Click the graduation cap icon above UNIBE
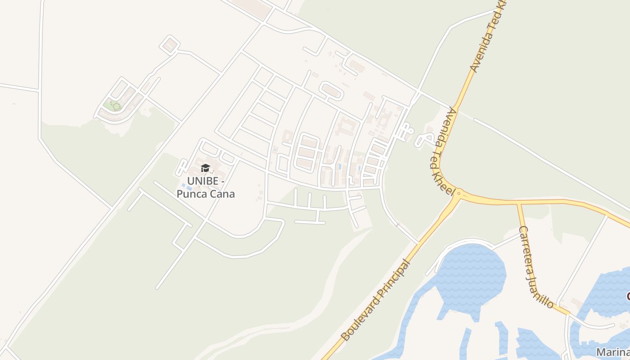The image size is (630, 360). coord(205,168)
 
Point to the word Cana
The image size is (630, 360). coord(223,194)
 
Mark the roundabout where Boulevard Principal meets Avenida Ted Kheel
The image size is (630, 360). coord(458,194)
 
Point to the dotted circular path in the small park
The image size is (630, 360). coord(116,107)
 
